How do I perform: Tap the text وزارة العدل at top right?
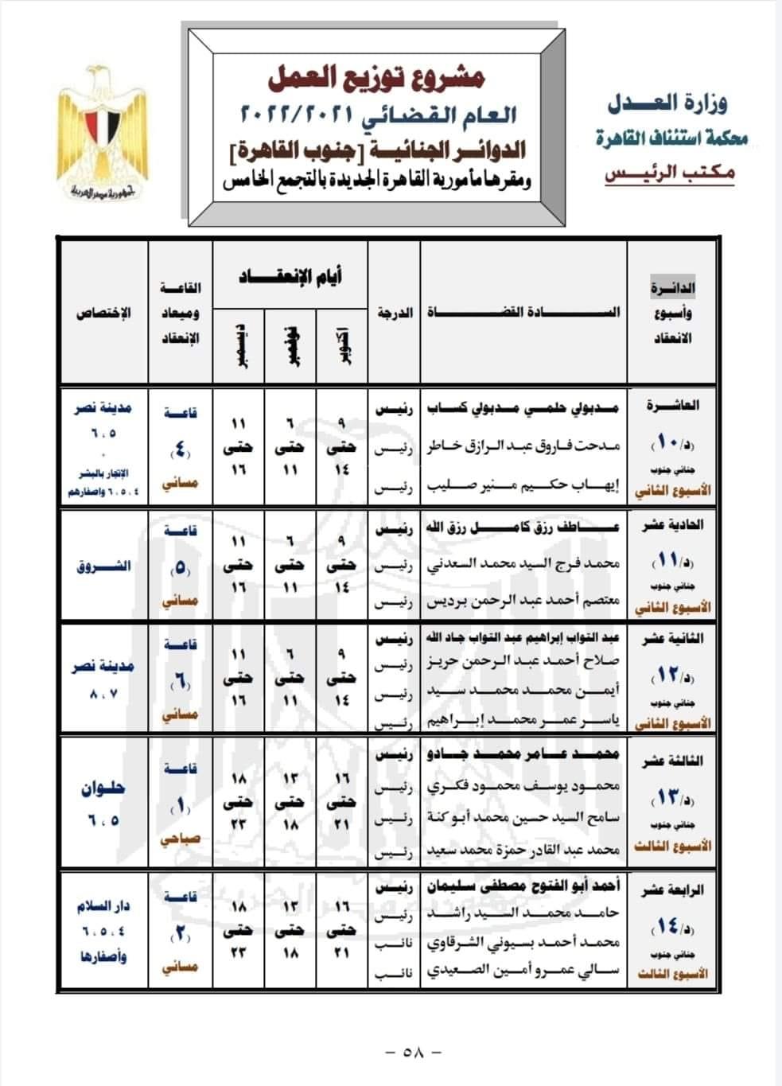click(x=667, y=103)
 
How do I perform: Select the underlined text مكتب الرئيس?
click(x=670, y=174)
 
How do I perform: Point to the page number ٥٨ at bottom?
click(x=413, y=1051)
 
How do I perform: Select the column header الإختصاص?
click(x=104, y=313)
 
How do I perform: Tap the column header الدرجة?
click(x=395, y=313)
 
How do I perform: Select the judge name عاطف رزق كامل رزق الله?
click(x=520, y=527)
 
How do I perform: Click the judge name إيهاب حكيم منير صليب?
click(x=524, y=485)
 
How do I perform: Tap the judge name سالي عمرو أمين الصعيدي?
click(x=524, y=971)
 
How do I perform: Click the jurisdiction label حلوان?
click(x=103, y=789)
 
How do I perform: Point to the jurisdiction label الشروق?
click(x=103, y=567)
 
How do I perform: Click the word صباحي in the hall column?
click(x=181, y=839)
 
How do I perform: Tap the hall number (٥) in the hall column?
click(x=181, y=568)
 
